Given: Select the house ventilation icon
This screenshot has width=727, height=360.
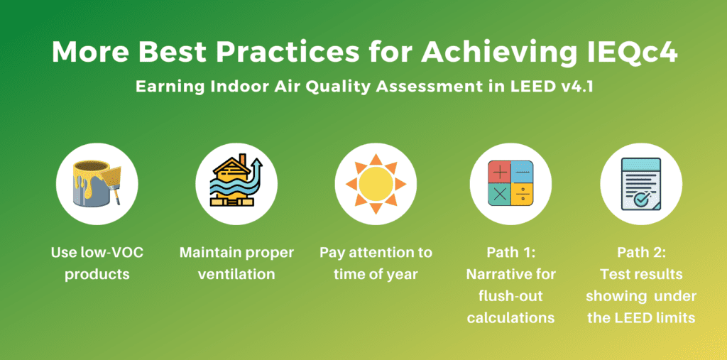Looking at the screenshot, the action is coord(236,181).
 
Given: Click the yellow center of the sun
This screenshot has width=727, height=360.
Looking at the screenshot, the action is coord(376,184).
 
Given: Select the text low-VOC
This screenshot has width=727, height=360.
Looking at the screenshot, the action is coord(115,253).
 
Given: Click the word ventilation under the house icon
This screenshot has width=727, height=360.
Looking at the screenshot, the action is coord(236,274).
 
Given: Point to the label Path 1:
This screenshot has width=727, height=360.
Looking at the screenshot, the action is coord(510,253).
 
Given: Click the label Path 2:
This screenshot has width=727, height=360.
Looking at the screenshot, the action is coord(641,253).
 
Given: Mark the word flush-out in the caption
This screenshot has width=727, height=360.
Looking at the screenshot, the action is coord(510,296).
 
